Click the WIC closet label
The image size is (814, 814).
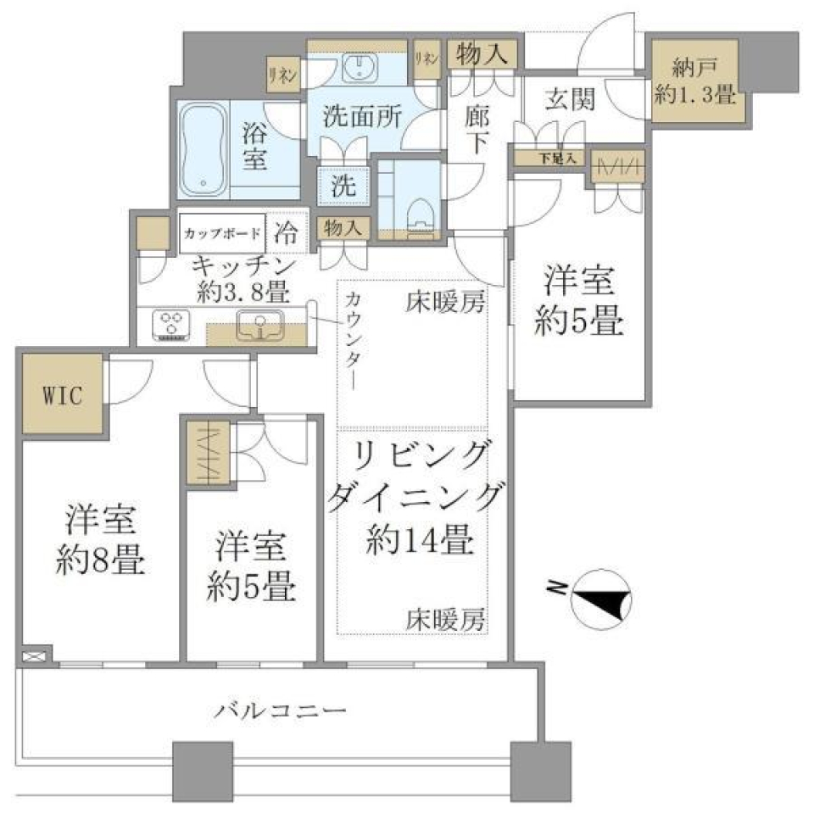pyautogui.click(x=61, y=397)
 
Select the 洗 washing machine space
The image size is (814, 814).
pyautogui.click(x=343, y=186)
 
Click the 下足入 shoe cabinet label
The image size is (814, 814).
pyautogui.click(x=557, y=158)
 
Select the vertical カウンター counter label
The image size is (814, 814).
pyautogui.click(x=353, y=339)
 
